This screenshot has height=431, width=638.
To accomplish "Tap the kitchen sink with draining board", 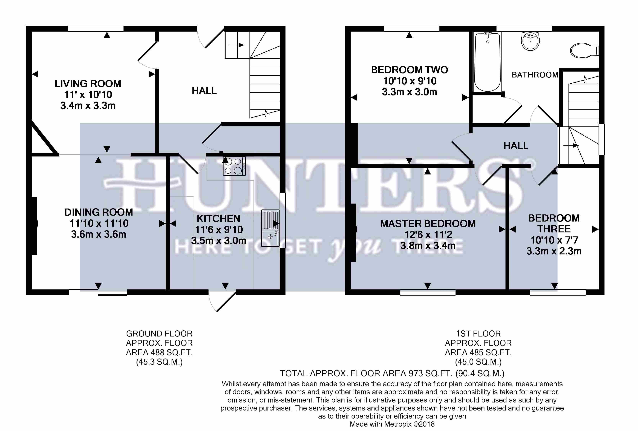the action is (x=270, y=228).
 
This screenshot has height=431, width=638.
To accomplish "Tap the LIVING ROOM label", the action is (x=88, y=84).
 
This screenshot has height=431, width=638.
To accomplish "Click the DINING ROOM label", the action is (x=99, y=212).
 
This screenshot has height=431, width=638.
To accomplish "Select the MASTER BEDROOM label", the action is (x=428, y=224).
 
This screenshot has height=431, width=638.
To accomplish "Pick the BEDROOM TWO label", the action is (x=409, y=70).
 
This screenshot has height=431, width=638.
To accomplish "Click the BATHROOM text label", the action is (x=535, y=75).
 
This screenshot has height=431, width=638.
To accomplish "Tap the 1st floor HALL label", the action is (x=516, y=146).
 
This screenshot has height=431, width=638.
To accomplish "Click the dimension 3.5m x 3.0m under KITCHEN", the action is (x=219, y=241).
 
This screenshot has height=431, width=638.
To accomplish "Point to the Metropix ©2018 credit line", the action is (x=392, y=424).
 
